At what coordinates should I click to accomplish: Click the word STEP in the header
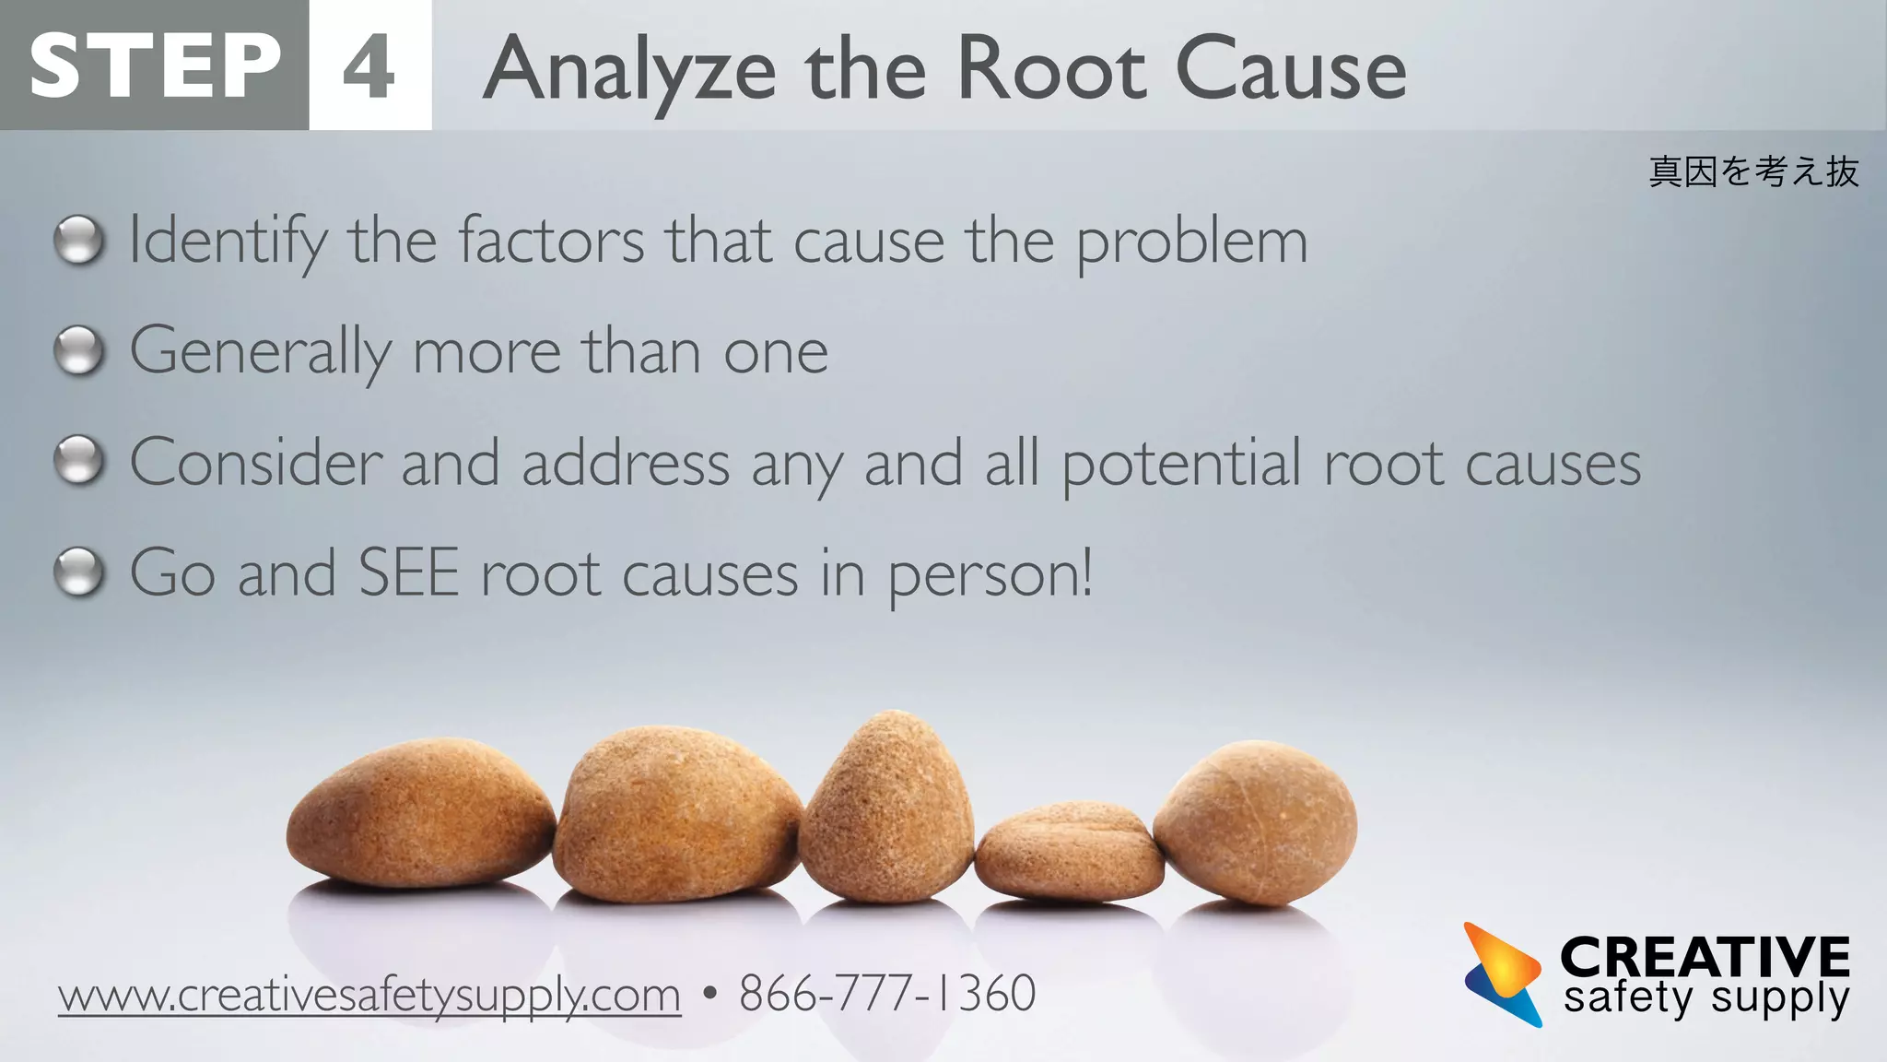pos(155,65)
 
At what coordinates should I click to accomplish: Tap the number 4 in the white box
pos(369,66)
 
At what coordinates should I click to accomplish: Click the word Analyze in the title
pos(630,70)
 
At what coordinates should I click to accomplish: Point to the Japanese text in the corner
pos(1753,171)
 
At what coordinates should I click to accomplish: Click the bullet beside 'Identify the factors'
pos(79,241)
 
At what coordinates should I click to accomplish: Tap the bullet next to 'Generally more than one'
pos(79,351)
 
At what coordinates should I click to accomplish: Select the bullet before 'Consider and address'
pos(79,461)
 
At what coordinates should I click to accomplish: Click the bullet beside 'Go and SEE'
pos(79,572)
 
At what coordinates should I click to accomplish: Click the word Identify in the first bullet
pos(228,242)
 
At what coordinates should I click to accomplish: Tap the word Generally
pos(261,352)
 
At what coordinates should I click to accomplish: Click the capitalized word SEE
pos(408,573)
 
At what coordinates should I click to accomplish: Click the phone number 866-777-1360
pos(887,994)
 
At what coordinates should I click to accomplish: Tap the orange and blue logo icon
pos(1502,974)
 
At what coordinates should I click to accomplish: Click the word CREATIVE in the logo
pos(1705,956)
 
